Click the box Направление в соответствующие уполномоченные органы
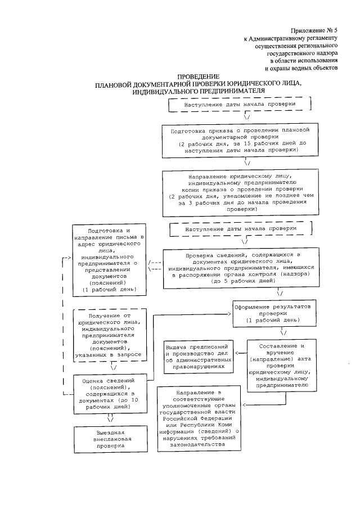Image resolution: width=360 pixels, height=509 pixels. tap(199, 418)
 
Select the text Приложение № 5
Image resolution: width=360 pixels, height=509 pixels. tap(314, 29)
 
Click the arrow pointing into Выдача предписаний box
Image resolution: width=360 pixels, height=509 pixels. tap(238, 354)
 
